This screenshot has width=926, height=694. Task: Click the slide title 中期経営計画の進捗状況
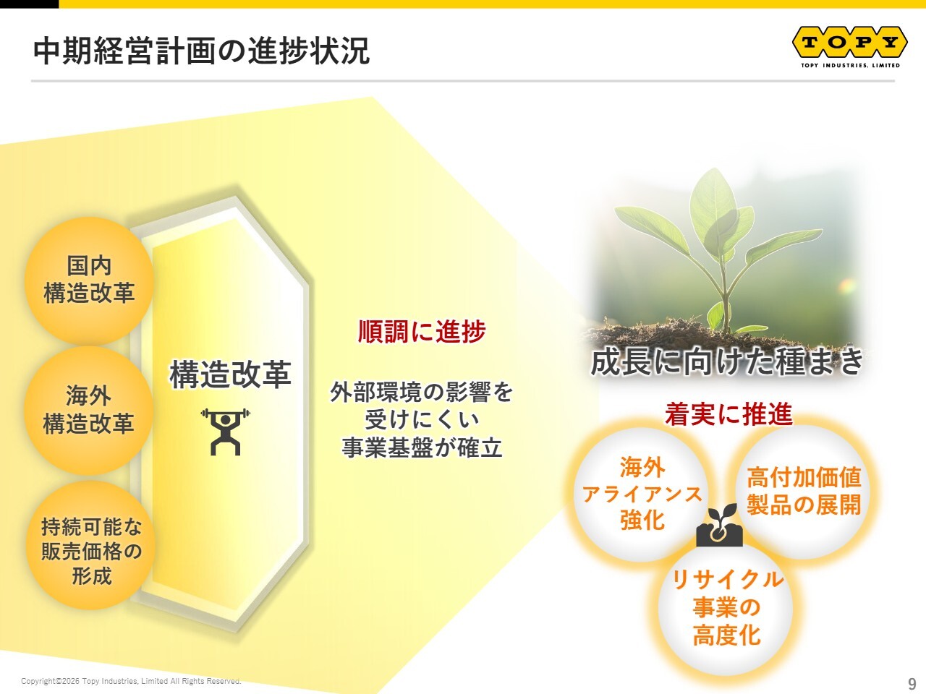(x=201, y=51)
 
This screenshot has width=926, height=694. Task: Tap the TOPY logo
(x=849, y=43)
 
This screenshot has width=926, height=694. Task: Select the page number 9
(x=912, y=683)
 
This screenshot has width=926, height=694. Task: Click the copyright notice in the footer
(x=131, y=681)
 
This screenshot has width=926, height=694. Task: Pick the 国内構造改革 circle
(x=89, y=280)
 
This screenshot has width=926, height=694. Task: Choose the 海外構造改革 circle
(x=88, y=411)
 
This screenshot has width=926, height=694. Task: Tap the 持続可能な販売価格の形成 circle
(x=90, y=545)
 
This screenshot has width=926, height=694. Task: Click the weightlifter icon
(x=225, y=432)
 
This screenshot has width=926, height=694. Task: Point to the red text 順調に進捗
(x=422, y=331)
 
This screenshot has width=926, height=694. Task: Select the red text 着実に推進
(x=729, y=414)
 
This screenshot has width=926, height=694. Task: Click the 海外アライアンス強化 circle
(x=642, y=494)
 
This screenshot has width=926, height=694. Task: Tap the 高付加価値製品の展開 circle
(x=803, y=492)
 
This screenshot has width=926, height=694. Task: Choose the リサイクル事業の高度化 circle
(x=726, y=608)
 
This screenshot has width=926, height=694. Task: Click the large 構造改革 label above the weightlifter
(x=230, y=374)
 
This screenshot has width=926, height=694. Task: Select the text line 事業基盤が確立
(x=422, y=447)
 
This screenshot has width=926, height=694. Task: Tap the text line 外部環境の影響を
(x=421, y=392)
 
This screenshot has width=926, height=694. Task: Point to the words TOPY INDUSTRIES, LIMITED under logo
(x=850, y=65)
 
